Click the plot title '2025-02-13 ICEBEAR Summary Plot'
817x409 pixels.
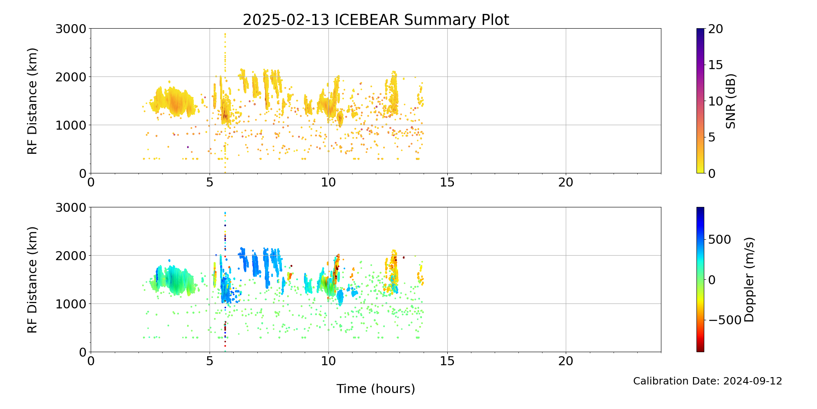coord(376,20)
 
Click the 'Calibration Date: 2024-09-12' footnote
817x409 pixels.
coord(708,381)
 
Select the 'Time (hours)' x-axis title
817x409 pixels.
coord(376,389)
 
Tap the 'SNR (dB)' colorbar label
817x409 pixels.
coord(731,101)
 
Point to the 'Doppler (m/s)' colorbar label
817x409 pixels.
coord(749,280)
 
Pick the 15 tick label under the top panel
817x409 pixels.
coord(447,182)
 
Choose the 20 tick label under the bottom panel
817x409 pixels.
coord(566,361)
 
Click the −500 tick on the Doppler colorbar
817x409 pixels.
coord(725,320)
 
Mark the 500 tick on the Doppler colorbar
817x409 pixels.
coord(719,240)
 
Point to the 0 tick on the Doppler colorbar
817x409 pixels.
coord(712,280)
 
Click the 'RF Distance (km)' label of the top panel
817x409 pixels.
coord(32,101)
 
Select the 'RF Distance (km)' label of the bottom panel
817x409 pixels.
coord(32,280)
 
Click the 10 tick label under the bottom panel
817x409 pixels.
coord(328,361)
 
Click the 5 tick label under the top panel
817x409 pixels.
coord(210,182)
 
